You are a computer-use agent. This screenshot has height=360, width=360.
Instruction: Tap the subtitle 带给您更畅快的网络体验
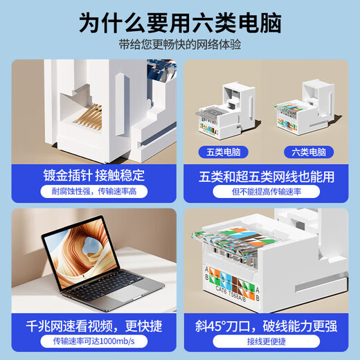(180, 46)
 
